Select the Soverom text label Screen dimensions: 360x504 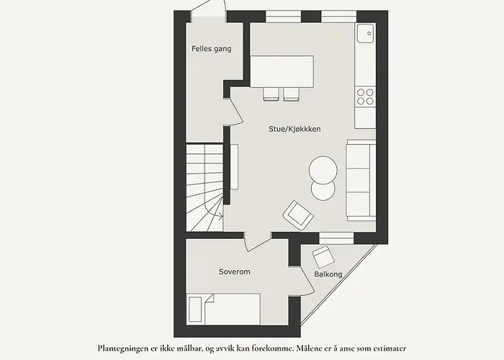pos(235,271)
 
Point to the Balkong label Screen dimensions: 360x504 pos(328,274)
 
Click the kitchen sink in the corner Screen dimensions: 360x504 pos(365,32)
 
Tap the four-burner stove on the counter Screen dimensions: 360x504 pos(365,96)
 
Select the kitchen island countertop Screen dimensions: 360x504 pos(282,71)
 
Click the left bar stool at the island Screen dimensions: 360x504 pos(271,94)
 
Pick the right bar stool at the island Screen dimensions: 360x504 pos(290,94)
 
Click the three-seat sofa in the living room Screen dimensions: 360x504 pos(360,180)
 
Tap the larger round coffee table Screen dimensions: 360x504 pos(323,170)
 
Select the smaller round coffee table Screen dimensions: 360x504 pos(323,191)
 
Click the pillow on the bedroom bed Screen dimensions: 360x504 pos(195,310)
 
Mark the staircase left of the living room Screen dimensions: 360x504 pos(204,187)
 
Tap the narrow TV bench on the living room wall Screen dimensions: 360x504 pos(234,166)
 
